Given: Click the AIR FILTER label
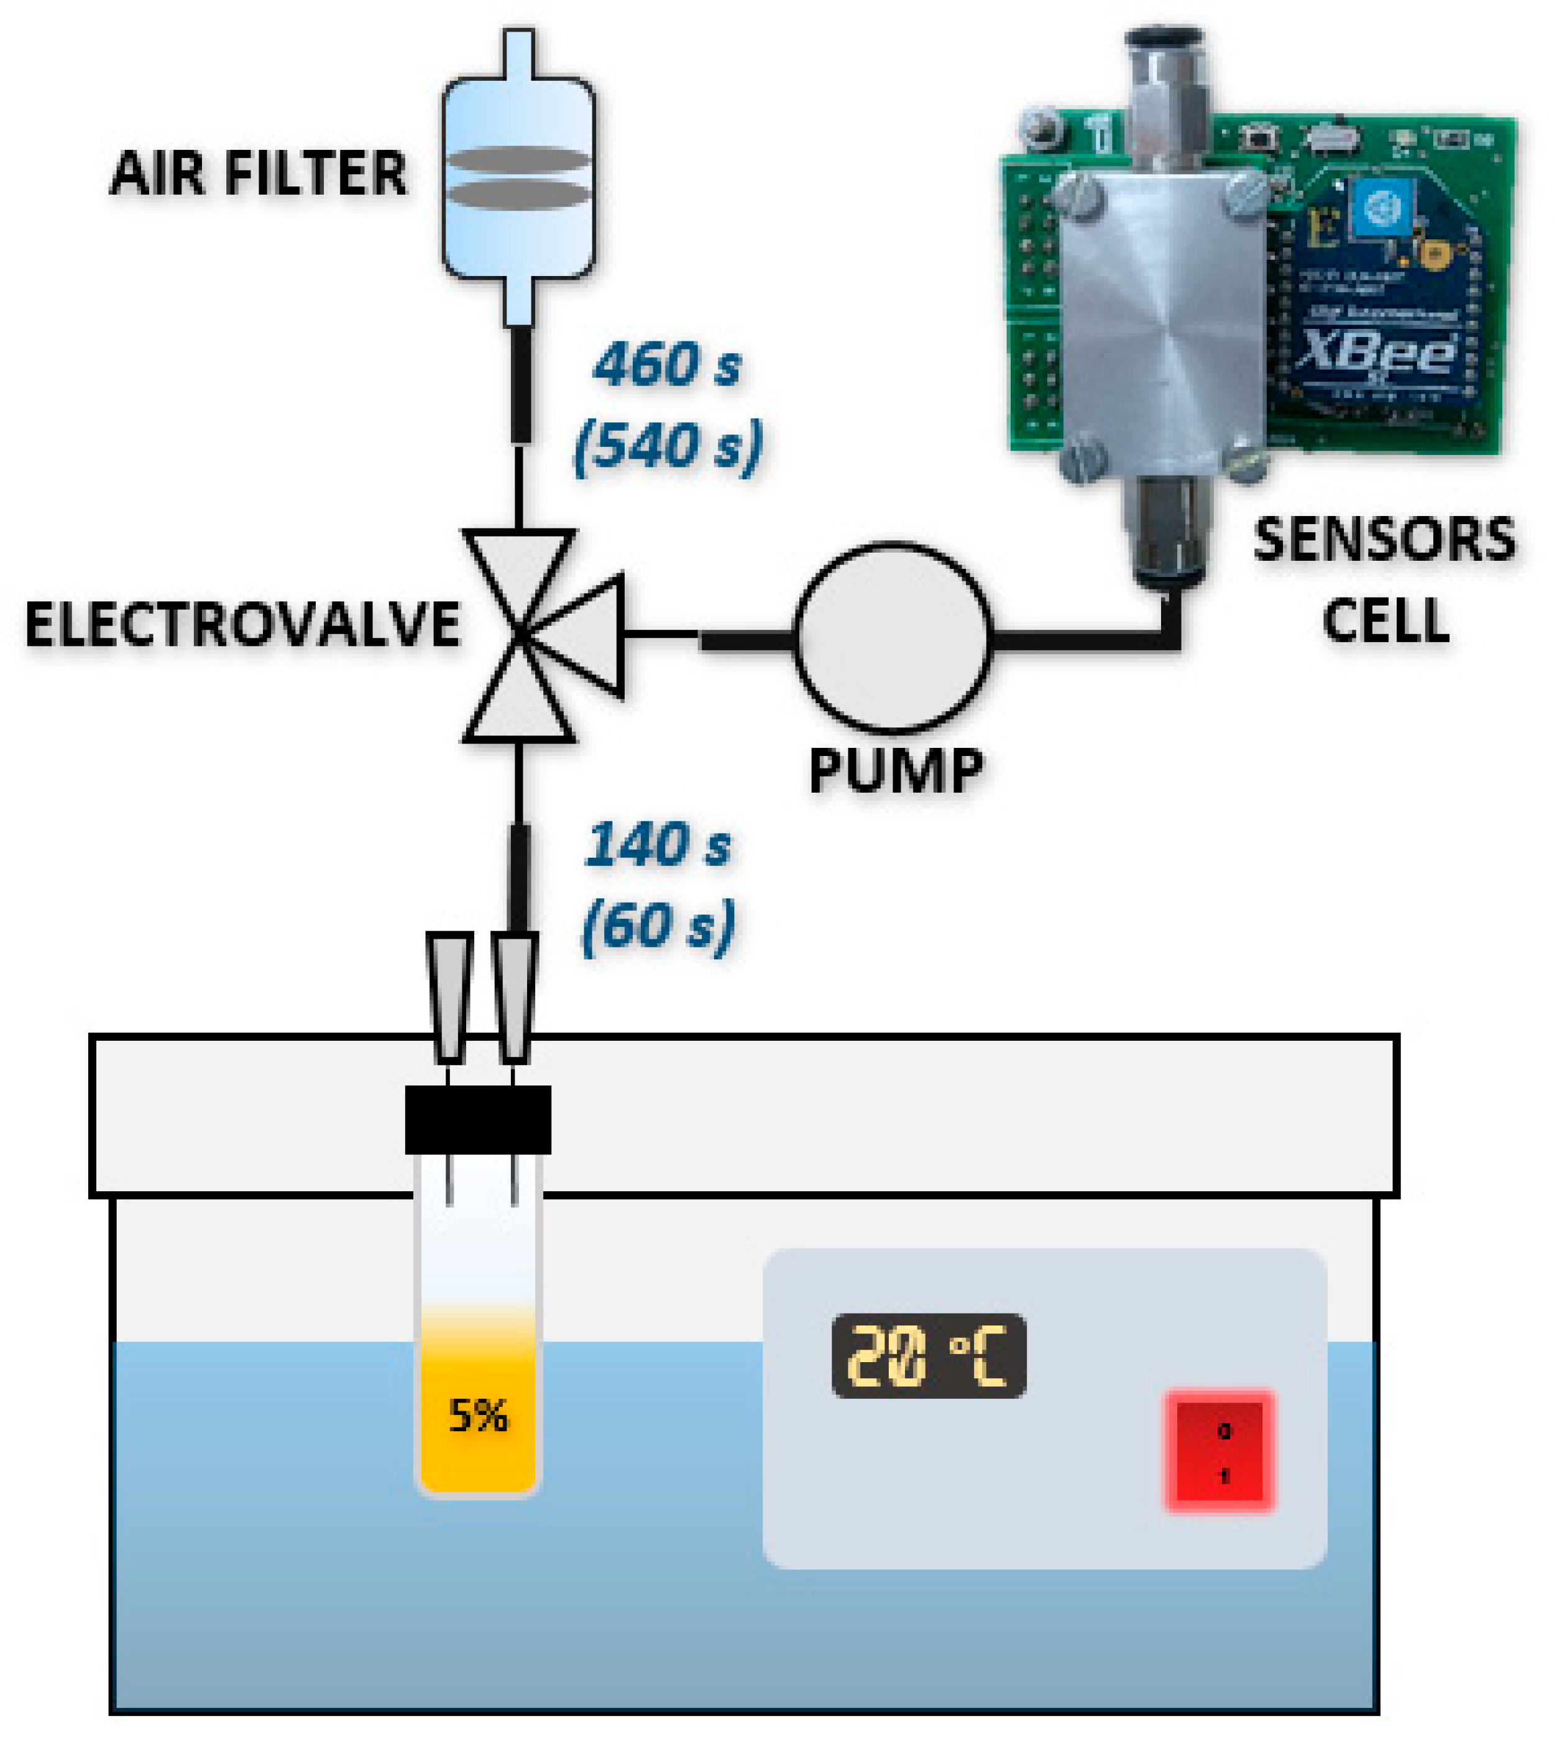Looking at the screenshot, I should [x=259, y=173].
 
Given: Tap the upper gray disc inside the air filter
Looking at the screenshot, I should [x=518, y=159].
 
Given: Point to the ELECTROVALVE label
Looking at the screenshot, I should [x=242, y=625].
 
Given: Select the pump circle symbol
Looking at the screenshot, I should [x=893, y=637].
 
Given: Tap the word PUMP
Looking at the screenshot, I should [x=896, y=771].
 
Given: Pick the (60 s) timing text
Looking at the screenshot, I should [x=659, y=926].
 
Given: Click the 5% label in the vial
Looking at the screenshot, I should [x=478, y=1416].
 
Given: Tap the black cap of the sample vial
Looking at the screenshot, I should [x=477, y=1120].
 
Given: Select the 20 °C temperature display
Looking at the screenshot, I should [x=928, y=1356].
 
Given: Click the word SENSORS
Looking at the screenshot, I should [x=1384, y=541].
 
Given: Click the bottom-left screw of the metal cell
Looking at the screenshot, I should [x=1080, y=464].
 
